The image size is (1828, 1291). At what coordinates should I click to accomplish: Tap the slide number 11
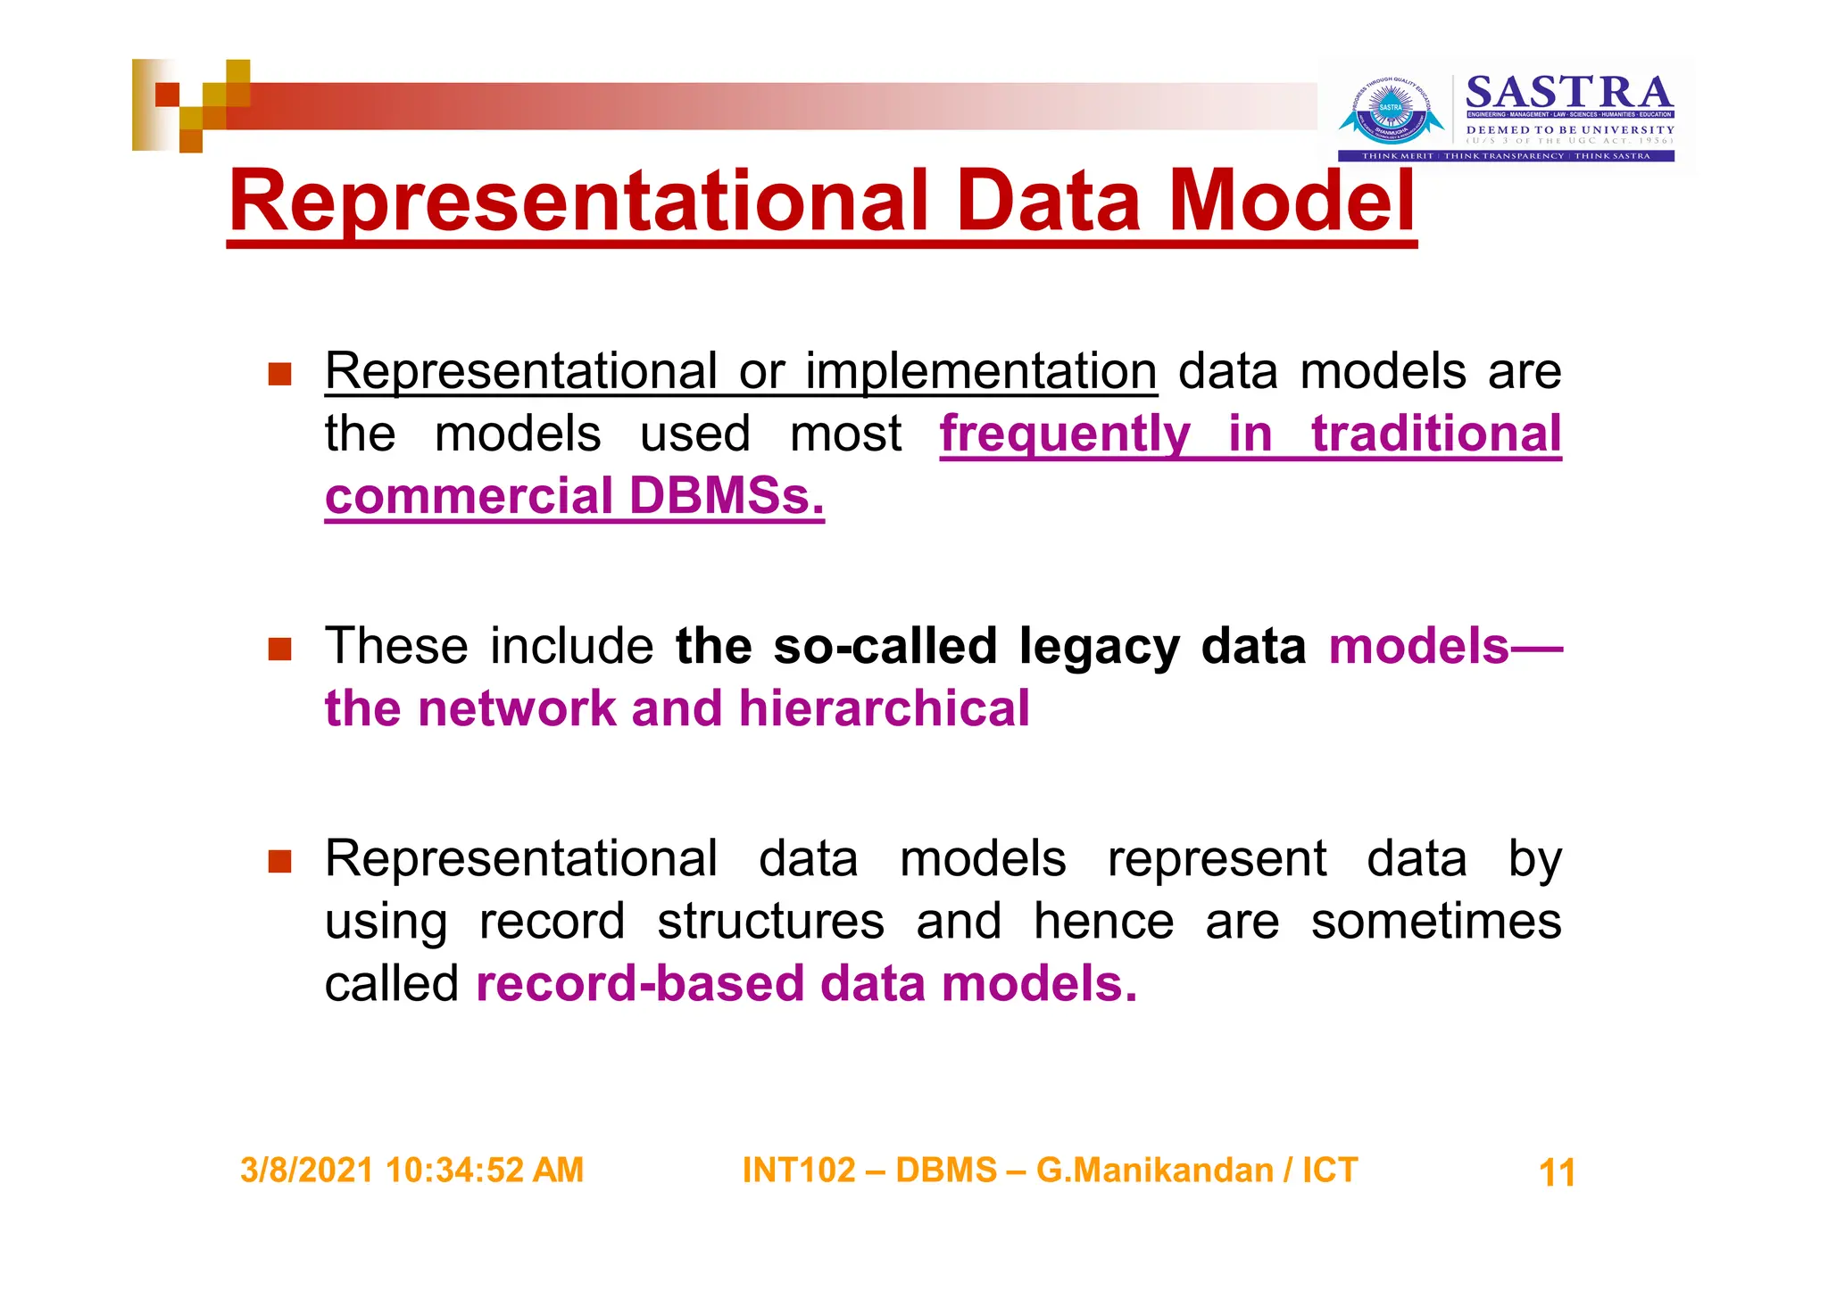point(1557,1172)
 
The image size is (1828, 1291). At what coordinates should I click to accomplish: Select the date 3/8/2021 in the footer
point(306,1170)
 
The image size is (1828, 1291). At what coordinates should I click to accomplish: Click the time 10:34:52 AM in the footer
point(485,1170)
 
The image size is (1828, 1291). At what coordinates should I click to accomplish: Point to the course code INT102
point(799,1170)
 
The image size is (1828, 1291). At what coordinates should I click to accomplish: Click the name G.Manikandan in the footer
point(1154,1170)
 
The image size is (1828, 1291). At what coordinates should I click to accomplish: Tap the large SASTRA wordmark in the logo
point(1569,92)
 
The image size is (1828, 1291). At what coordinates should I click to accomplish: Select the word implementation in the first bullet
point(981,371)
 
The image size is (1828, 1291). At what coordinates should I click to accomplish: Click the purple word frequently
point(1065,434)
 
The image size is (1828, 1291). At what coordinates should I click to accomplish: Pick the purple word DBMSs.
point(726,497)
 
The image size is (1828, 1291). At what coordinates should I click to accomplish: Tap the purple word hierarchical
point(884,709)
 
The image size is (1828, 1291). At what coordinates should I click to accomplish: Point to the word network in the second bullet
point(517,709)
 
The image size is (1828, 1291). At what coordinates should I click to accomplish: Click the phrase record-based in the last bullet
point(640,984)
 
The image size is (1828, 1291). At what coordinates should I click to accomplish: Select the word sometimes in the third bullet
point(1435,922)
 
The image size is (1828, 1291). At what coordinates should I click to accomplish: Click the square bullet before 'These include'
point(280,649)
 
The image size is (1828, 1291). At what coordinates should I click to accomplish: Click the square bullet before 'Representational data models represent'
point(280,861)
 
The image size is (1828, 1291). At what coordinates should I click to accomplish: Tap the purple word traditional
point(1435,434)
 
